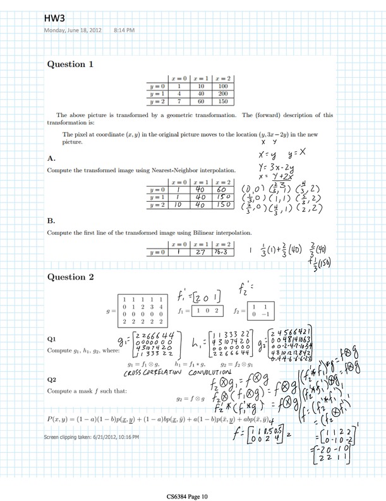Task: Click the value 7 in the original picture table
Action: [179, 101]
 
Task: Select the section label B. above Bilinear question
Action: [52, 221]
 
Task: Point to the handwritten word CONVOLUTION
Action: [200, 373]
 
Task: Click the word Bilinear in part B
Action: [200, 234]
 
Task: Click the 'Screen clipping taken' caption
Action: [92, 437]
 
